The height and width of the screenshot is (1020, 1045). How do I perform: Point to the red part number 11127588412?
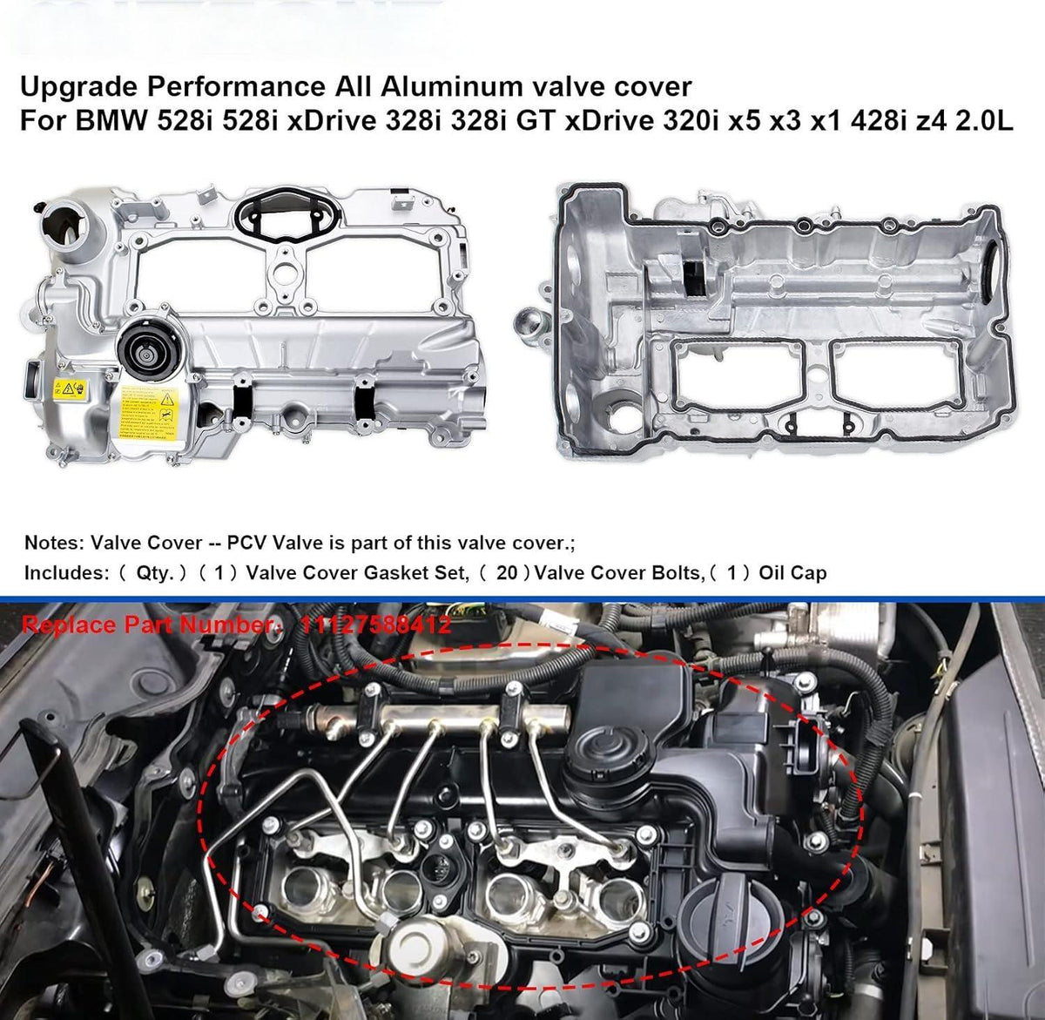[375, 624]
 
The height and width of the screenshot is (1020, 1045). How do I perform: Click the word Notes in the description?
[54, 543]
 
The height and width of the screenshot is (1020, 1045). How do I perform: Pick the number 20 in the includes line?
[508, 573]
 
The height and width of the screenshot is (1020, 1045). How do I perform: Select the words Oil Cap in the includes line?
[792, 573]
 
